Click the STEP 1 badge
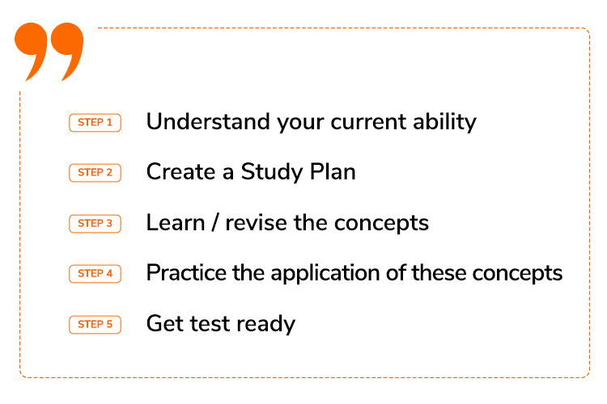coord(95,123)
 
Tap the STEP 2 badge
coord(95,172)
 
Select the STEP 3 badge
coord(95,224)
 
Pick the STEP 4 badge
coord(95,274)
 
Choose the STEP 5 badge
coord(95,324)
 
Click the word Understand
coord(208,121)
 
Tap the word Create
coord(180,171)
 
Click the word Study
coord(271,172)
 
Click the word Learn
coord(176,223)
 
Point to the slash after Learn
coord(215,223)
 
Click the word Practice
coord(186,272)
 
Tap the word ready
coord(266,324)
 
